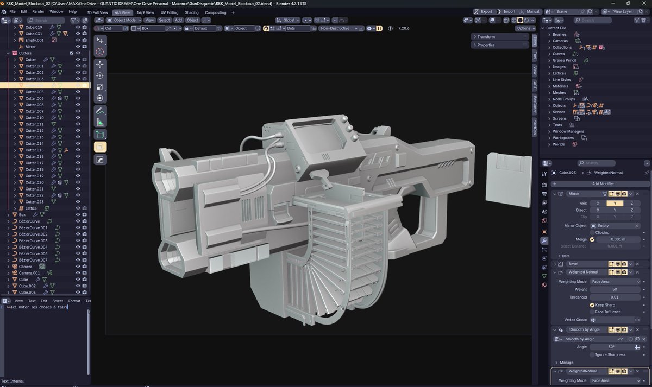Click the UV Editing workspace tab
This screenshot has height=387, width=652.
coord(170,12)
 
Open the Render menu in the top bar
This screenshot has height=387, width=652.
coord(38,11)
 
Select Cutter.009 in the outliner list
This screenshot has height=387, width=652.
coord(34,111)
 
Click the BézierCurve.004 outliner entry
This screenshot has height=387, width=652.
coord(33,247)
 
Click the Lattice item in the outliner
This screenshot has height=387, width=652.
coord(32,208)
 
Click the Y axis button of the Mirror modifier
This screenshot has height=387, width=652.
coord(615,203)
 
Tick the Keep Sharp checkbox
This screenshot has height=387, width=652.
coord(592,305)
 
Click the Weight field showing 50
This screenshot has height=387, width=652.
coord(615,289)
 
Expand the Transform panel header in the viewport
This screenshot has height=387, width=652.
coord(486,37)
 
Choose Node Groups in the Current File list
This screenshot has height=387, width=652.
coord(563,99)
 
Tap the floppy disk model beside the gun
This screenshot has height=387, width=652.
coord(506,179)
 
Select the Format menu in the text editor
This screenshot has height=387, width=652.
coord(74,301)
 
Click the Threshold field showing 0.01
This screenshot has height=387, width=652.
coord(615,297)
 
